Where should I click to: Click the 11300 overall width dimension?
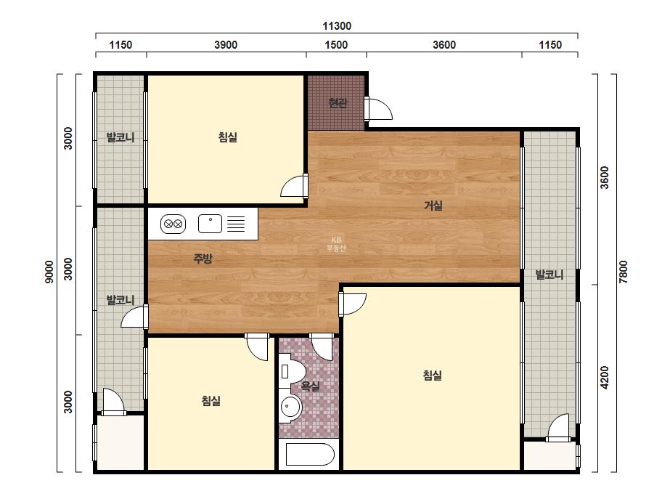tap(337, 26)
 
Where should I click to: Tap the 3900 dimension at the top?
tap(226, 45)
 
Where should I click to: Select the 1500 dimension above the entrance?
tap(336, 45)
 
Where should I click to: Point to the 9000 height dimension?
tap(49, 272)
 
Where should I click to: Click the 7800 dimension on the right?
tap(623, 272)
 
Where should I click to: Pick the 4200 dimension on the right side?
tap(604, 378)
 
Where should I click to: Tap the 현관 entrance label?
tap(338, 102)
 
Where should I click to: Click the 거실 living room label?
tap(433, 206)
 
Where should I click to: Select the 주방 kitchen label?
tap(203, 259)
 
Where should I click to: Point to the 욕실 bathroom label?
tap(310, 386)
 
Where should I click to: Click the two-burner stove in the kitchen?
tap(173, 224)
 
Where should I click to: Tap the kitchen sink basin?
tap(210, 224)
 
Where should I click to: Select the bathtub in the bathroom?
tap(310, 454)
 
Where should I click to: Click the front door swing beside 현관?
tap(379, 109)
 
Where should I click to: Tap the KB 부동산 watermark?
tap(336, 244)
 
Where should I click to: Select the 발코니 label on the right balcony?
tap(550, 275)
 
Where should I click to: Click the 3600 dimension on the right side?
tap(604, 177)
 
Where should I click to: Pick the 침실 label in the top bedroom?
tap(227, 137)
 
